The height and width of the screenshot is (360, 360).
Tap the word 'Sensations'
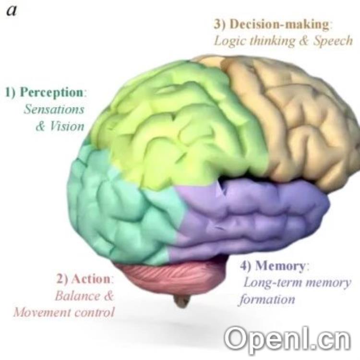(54, 109)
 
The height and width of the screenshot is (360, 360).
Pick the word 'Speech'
(333, 40)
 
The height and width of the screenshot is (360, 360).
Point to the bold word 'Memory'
(280, 265)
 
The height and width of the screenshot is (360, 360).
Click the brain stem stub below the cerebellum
(182, 301)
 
